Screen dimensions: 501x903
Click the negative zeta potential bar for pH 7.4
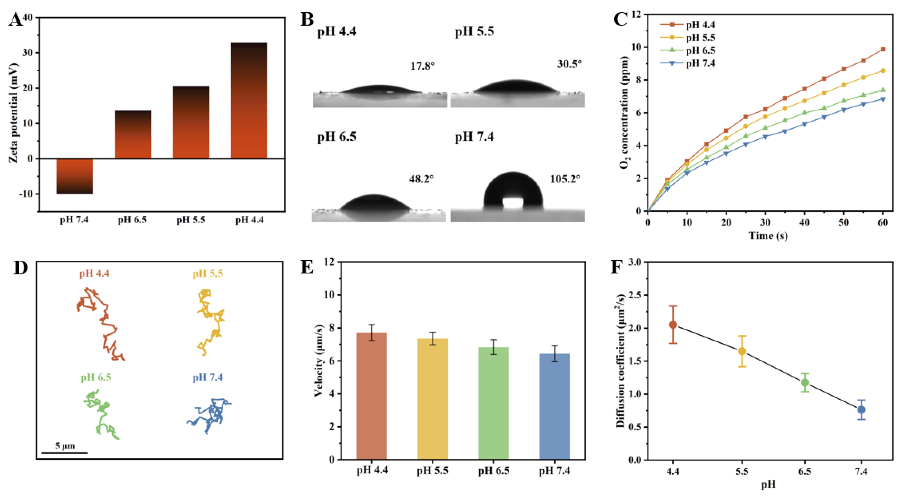[75, 176]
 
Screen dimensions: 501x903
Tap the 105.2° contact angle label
[565, 179]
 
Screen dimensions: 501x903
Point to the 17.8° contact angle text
[423, 66]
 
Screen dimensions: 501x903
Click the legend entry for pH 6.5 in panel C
[700, 51]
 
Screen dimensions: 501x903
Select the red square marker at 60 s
[883, 49]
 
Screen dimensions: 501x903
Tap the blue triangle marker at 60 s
[883, 99]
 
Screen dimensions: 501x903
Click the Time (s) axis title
[768, 235]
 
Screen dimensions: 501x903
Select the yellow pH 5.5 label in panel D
[208, 274]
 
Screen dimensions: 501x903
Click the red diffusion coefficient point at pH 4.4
[673, 324]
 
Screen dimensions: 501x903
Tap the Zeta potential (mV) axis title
[13, 113]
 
